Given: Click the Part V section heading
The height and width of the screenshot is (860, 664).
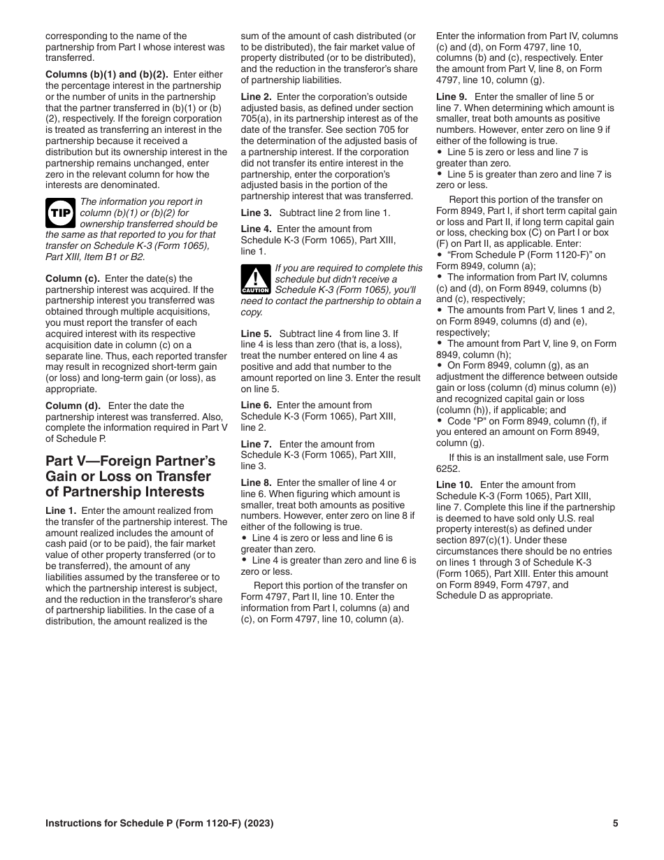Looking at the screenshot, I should pyautogui.click(x=130, y=476).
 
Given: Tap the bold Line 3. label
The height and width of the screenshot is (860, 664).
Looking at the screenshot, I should pyautogui.click(x=257, y=213).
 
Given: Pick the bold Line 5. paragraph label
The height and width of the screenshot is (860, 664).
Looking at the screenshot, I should pyautogui.click(x=257, y=334).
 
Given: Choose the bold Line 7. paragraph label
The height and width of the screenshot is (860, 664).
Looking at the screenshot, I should pyautogui.click(x=257, y=444).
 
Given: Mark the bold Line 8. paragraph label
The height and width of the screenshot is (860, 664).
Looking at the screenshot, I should pyautogui.click(x=257, y=483).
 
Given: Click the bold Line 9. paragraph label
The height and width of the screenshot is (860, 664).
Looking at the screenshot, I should pyautogui.click(x=452, y=96).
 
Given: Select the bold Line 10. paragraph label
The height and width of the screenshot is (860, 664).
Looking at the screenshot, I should pyautogui.click(x=454, y=485).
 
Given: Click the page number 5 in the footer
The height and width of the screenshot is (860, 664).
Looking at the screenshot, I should pyautogui.click(x=615, y=824).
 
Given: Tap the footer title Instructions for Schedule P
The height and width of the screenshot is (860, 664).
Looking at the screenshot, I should pyautogui.click(x=159, y=824).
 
